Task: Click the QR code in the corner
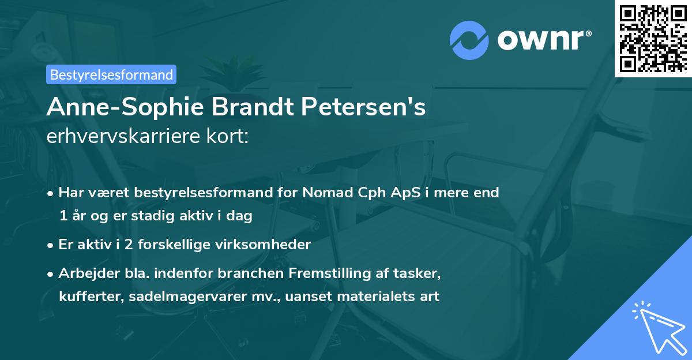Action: point(653,38)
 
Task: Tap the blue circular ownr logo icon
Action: point(469,39)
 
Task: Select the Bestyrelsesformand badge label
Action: point(111,74)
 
